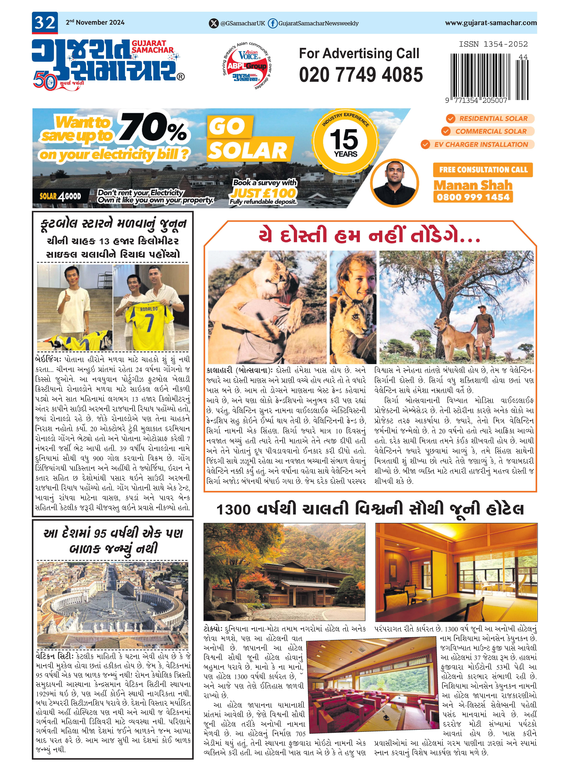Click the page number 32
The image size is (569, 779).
45,23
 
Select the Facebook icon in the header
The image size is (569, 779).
272,23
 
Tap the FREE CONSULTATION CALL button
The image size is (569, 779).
483,170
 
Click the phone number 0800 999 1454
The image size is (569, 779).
473,197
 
